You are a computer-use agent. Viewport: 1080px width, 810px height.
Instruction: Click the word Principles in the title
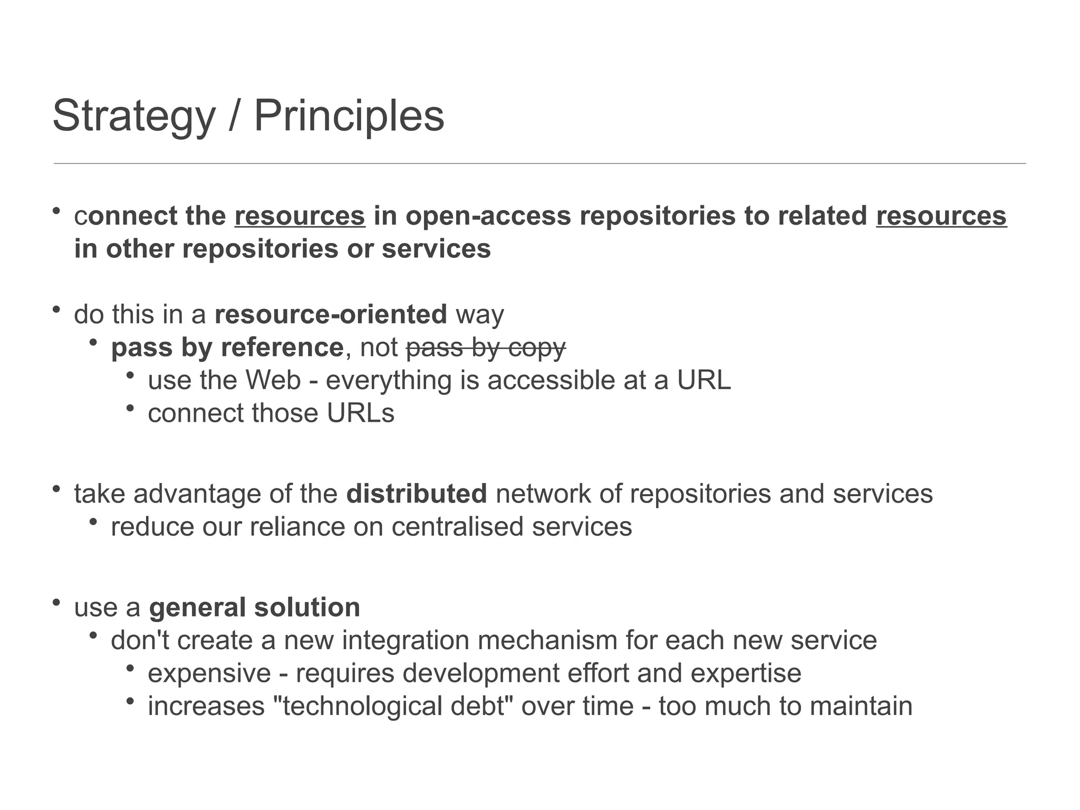[x=349, y=116]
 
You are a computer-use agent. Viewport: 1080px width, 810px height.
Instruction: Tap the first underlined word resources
[x=300, y=216]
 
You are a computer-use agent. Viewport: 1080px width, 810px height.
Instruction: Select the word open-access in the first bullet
[x=488, y=216]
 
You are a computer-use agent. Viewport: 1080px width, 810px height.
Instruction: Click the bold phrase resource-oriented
[x=331, y=314]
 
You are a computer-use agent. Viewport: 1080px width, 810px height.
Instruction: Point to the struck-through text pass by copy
[x=486, y=348]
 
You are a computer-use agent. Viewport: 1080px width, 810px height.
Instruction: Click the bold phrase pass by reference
[x=227, y=348]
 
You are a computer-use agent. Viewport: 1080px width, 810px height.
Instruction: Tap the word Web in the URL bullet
[x=273, y=380]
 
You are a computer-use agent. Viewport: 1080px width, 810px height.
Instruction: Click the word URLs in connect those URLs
[x=360, y=413]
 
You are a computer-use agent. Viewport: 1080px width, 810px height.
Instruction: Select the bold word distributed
[x=417, y=494]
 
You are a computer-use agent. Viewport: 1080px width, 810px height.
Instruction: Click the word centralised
[x=458, y=527]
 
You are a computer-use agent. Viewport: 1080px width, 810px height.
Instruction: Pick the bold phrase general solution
[x=255, y=607]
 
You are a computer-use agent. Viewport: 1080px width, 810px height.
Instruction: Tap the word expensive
[x=209, y=673]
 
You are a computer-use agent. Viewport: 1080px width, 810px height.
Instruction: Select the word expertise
[x=746, y=673]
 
